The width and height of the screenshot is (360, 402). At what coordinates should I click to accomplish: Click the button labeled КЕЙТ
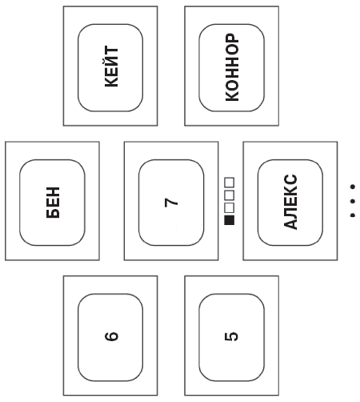click(110, 68)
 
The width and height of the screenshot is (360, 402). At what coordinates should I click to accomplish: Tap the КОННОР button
click(231, 68)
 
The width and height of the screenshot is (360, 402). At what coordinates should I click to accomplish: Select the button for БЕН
click(52, 203)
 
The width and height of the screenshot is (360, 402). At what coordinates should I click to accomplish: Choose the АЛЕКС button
click(290, 203)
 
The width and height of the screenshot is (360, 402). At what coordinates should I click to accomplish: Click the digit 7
click(171, 203)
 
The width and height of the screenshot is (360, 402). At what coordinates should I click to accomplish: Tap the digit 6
click(111, 336)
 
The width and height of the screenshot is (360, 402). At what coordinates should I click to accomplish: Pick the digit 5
click(231, 336)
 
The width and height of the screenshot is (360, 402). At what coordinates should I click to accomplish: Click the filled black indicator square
click(230, 220)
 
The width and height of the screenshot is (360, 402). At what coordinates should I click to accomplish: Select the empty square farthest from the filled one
click(230, 183)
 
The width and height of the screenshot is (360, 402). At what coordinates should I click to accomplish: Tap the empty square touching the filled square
click(230, 207)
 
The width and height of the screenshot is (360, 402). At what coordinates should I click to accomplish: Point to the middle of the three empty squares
click(230, 195)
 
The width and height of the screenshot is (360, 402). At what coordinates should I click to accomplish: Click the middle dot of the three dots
click(353, 201)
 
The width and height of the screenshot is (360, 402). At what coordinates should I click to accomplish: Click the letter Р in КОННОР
click(232, 38)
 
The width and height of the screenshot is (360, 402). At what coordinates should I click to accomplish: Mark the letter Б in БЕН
click(53, 213)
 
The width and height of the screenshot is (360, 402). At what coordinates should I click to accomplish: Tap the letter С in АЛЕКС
click(290, 179)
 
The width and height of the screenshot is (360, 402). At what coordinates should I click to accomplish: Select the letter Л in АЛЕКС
click(290, 212)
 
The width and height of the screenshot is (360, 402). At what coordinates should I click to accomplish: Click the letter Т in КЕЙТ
click(111, 51)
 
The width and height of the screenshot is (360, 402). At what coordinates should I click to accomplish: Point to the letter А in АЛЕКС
click(290, 223)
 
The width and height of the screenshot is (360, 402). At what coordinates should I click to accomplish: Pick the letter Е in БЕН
click(53, 203)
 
